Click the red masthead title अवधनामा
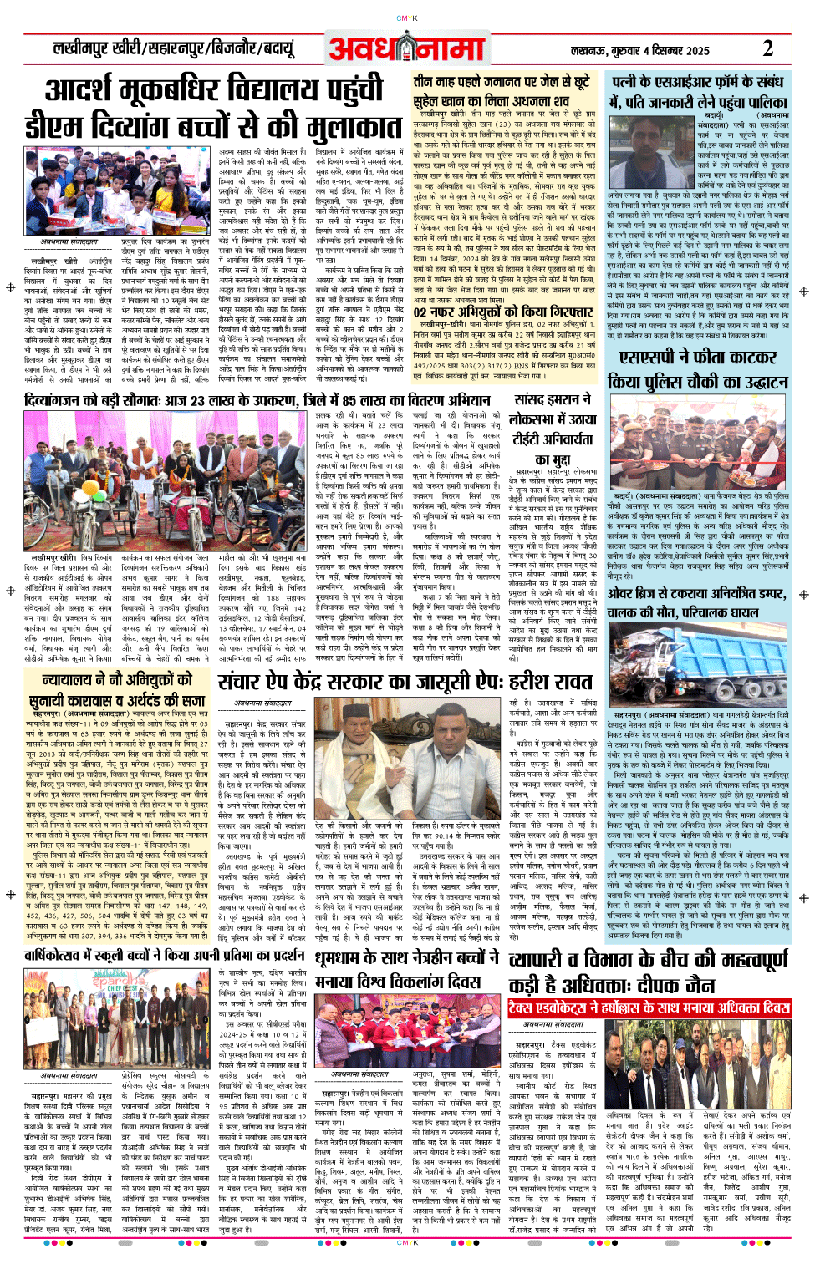(x=406, y=48)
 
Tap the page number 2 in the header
(x=767, y=48)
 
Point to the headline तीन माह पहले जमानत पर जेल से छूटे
(x=502, y=82)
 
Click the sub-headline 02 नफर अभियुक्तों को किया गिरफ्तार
(x=492, y=312)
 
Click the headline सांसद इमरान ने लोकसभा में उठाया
(x=553, y=430)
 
